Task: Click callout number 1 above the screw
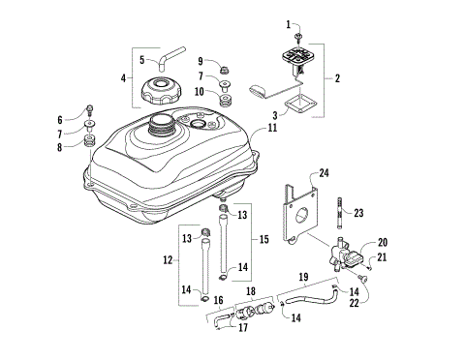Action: (x=288, y=22)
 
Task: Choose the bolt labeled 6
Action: (x=89, y=108)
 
